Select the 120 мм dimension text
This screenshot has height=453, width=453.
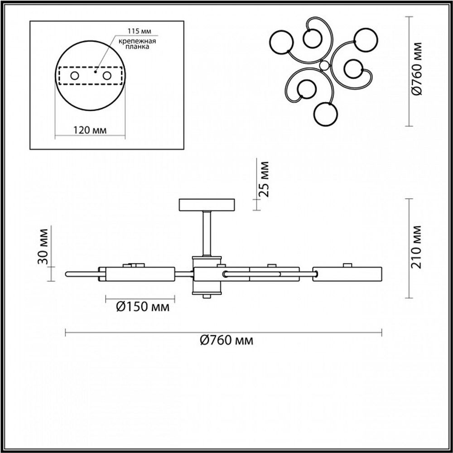click(x=90, y=130)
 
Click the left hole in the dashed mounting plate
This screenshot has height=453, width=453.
click(x=73, y=76)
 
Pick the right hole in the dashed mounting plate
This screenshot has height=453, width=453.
click(x=107, y=76)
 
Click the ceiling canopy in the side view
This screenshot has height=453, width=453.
click(x=207, y=205)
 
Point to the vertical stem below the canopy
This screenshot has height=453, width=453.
click(x=207, y=233)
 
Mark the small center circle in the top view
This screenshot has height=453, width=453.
click(x=323, y=66)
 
